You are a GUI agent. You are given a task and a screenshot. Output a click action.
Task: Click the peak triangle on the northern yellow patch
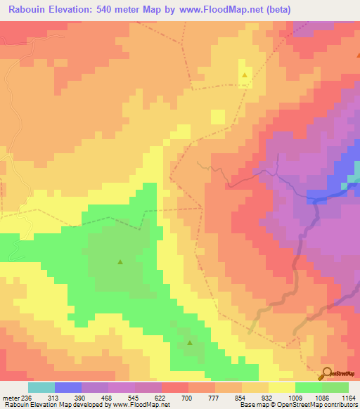245,74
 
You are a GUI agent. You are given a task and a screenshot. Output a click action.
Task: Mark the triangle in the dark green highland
120,262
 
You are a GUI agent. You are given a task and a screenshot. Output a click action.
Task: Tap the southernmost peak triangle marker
190,343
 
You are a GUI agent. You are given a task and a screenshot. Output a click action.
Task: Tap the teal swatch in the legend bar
41,387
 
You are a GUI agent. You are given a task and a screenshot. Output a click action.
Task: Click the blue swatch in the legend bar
68,387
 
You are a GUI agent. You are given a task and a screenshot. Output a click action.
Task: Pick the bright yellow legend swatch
282,387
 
